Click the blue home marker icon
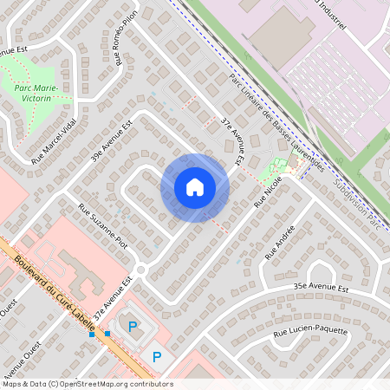pyautogui.click(x=195, y=187)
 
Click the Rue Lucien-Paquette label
pyautogui.click(x=310, y=331)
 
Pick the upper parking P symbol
pyautogui.click(x=133, y=326)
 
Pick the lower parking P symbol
pyautogui.click(x=157, y=356)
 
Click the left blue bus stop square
pyautogui.click(x=92, y=334)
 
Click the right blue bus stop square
pyautogui.click(x=107, y=333)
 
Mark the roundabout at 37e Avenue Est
pyautogui.click(x=140, y=270)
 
